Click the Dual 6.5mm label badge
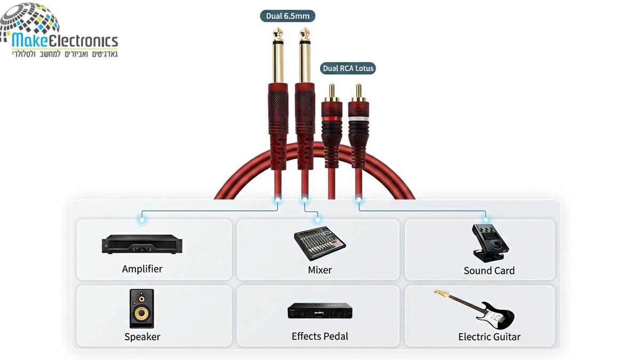tap(287, 16)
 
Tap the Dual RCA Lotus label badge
tap(348, 69)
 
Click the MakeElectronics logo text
tap(65, 41)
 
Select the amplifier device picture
tap(142, 244)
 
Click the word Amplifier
tap(142, 269)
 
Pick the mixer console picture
tap(320, 243)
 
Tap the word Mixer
tap(319, 270)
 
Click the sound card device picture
tap(490, 243)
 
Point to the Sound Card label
tap(489, 270)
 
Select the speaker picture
tap(142, 309)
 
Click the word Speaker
tap(142, 337)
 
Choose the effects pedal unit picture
tap(319, 311)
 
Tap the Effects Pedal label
tap(319, 337)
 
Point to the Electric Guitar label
tap(489, 337)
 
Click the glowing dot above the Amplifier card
tap(142, 220)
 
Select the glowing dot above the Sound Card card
tap(486, 220)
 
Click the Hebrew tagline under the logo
tap(65, 54)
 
